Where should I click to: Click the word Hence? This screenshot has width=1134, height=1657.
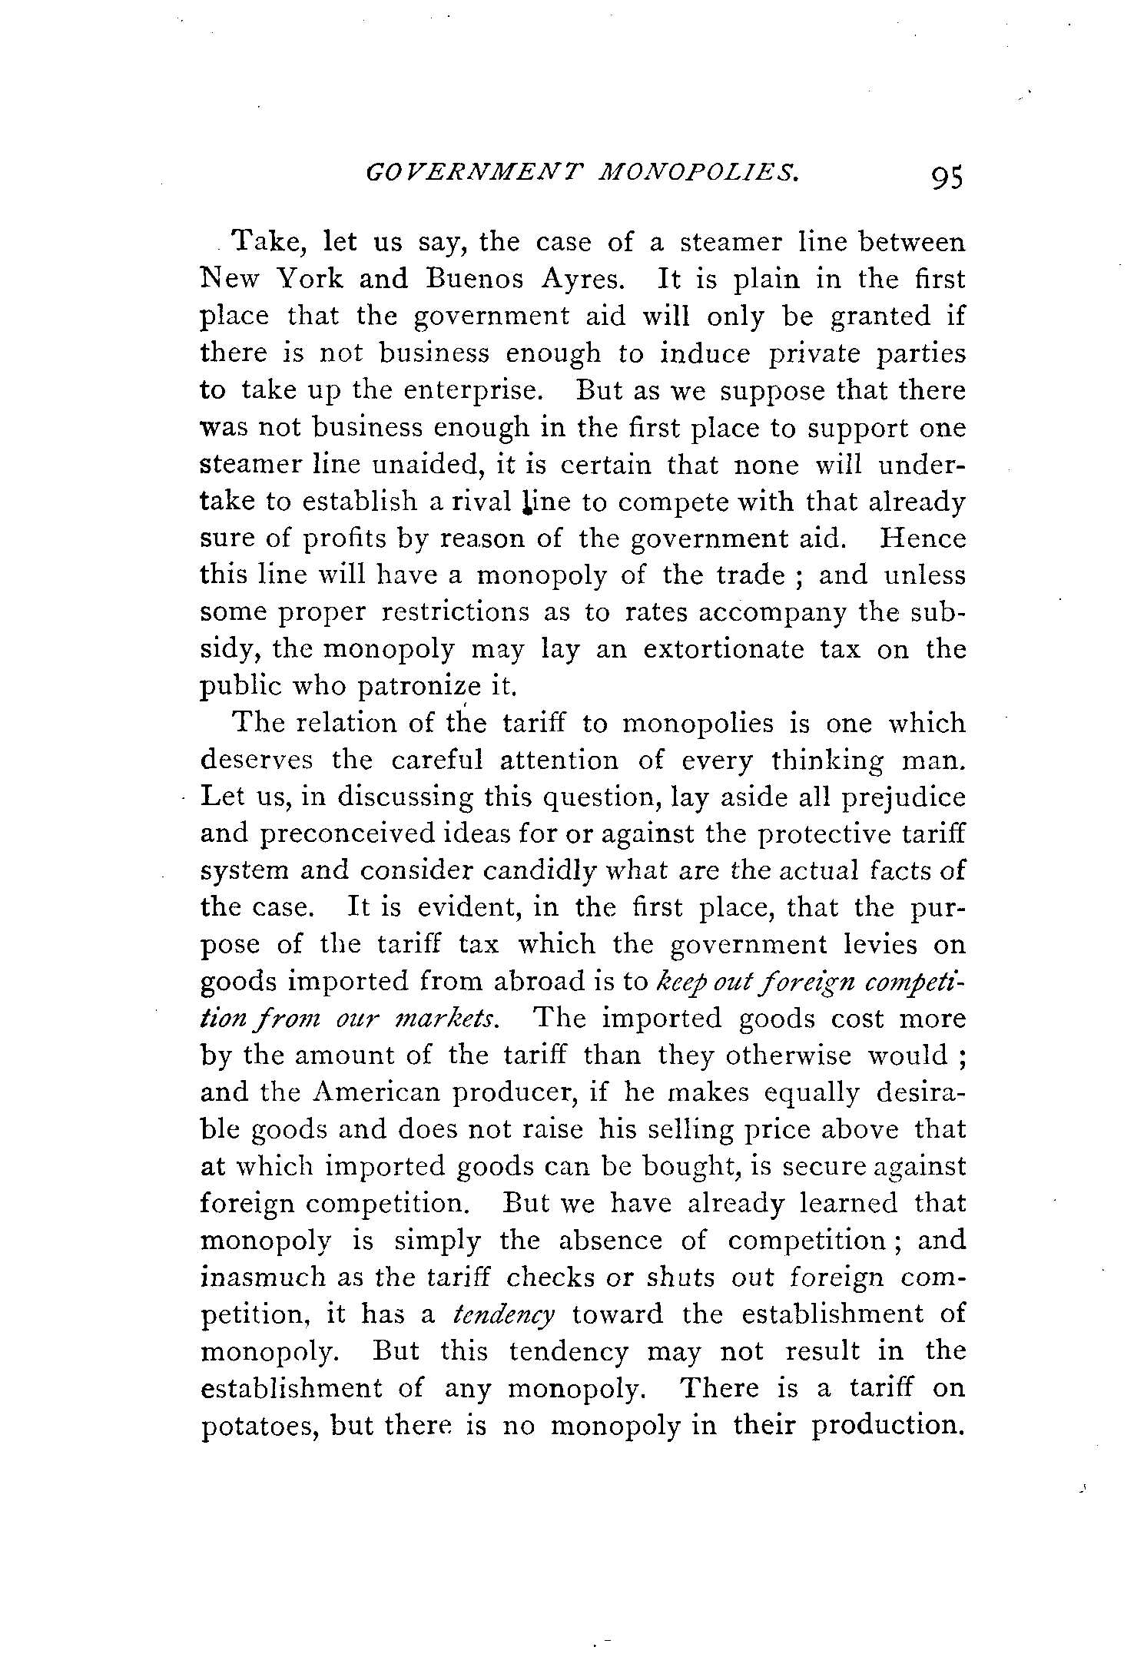pyautogui.click(x=922, y=538)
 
